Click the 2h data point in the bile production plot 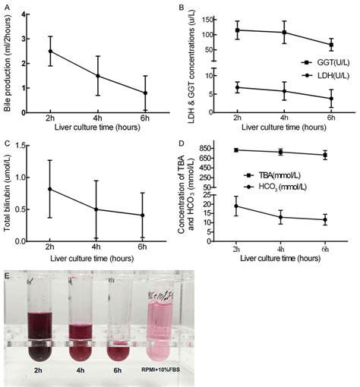point(50,51)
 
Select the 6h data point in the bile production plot point(145,93)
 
